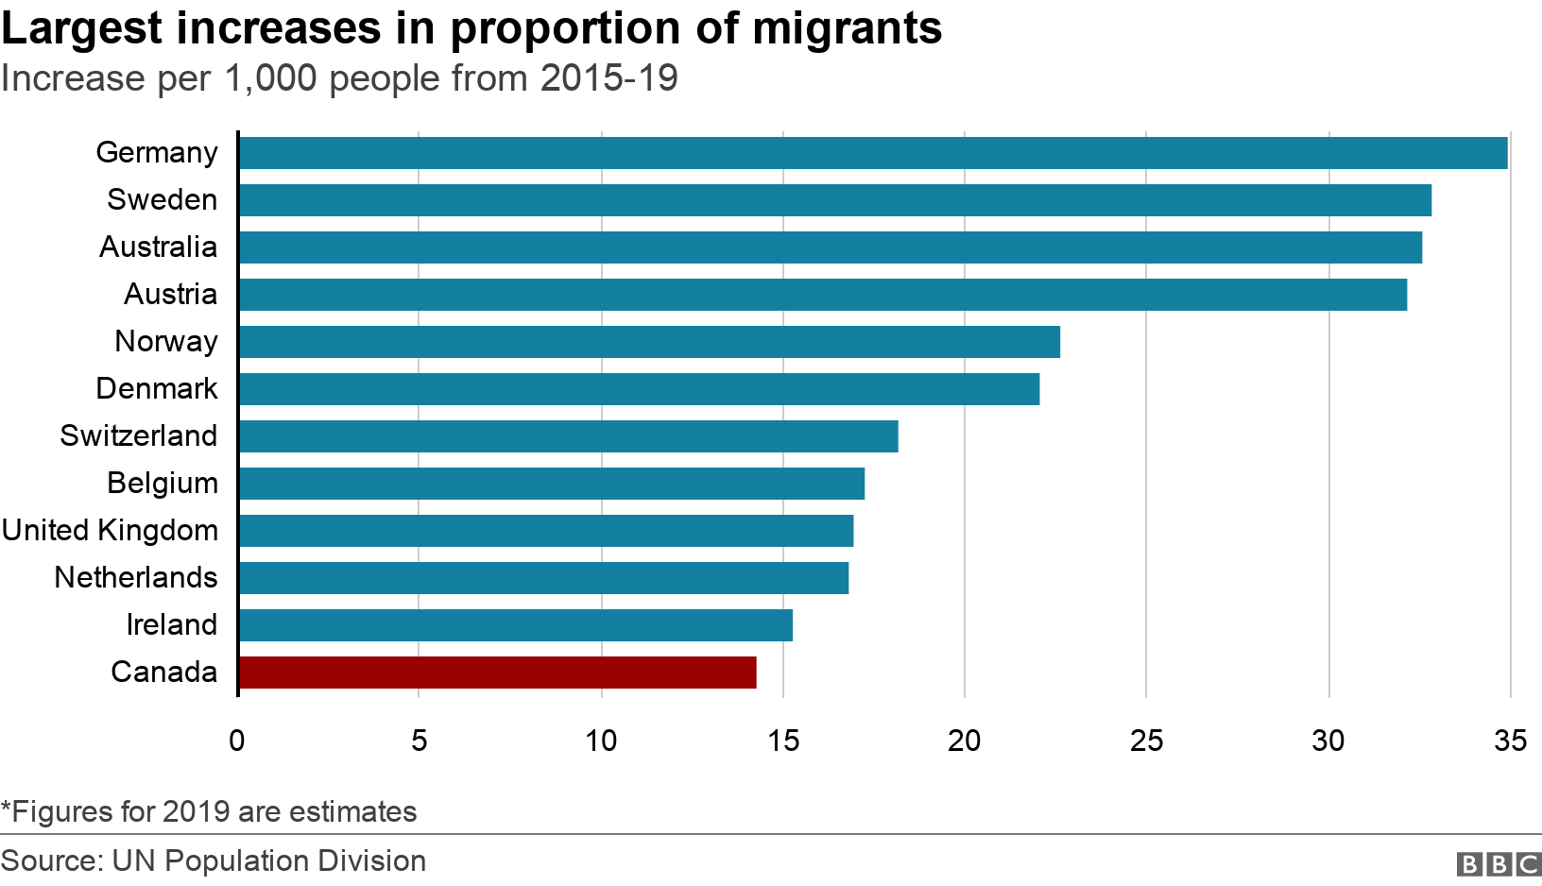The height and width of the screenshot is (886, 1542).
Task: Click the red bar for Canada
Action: coord(497,673)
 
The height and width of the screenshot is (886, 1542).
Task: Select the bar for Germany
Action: coord(873,153)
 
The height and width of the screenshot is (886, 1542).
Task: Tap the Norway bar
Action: coord(649,342)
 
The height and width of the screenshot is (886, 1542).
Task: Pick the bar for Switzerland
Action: coord(568,436)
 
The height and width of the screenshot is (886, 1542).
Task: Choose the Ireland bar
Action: coord(515,625)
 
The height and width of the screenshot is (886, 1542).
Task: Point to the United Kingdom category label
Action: coord(110,531)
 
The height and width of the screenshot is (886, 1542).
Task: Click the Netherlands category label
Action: coord(136,578)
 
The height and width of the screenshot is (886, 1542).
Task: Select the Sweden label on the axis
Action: coord(162,200)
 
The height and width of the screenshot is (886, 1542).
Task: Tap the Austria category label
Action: coord(170,295)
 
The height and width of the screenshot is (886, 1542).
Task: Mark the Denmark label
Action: coord(157,389)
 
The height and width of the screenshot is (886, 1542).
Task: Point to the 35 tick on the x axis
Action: coord(1510,741)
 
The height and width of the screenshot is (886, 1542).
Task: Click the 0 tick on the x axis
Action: coord(237,741)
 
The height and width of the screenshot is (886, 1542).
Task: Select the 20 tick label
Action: coord(965,741)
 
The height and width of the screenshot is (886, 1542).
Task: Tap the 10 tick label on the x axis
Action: coord(601,741)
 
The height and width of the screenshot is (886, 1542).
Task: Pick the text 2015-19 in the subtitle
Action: coord(608,78)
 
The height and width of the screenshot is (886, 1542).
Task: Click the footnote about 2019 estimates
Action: coord(209,811)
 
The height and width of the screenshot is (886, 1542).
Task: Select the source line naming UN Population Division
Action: coord(214,861)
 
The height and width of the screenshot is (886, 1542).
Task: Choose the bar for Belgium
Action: coord(551,484)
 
